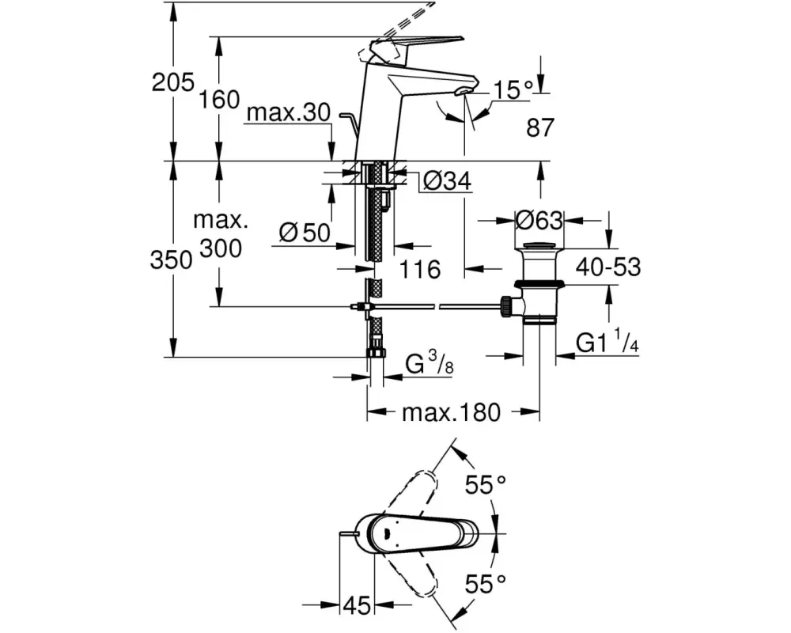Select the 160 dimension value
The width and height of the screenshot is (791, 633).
coord(220,100)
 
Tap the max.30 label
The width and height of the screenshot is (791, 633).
coord(286,113)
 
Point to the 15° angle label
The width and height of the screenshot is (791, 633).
coord(511,90)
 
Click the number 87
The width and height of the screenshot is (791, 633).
coord(540,127)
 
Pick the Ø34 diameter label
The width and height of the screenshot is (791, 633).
coord(447,182)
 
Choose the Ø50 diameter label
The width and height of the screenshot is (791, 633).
coord(305,232)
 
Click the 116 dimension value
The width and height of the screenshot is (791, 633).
coord(419,270)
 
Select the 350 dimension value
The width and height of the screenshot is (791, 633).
coord(172,260)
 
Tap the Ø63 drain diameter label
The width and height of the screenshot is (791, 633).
coord(539,218)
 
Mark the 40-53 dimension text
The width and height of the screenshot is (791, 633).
coord(607,267)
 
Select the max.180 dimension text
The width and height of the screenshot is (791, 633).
coord(452,412)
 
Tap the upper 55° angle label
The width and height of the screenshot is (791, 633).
coord(485,484)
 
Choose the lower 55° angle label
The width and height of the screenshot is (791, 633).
coord(485,585)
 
